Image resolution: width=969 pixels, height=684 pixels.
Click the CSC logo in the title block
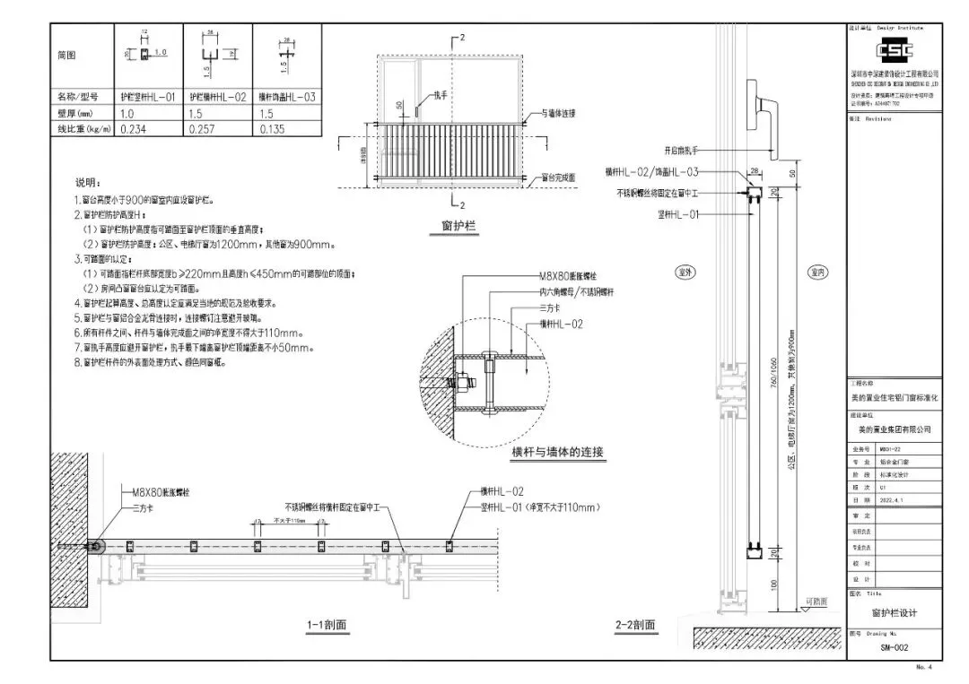894,50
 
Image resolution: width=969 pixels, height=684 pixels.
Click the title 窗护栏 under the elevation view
454,229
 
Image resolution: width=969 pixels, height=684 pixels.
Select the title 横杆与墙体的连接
558,453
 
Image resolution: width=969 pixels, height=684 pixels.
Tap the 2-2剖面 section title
635,625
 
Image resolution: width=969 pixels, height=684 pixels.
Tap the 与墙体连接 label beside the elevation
559,114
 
